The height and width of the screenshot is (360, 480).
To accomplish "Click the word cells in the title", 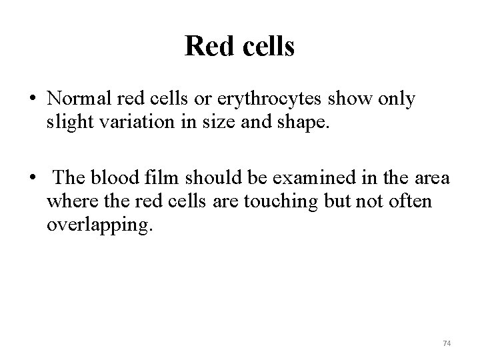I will coord(265,47).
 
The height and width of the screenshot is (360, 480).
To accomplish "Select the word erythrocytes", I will coord(275,99).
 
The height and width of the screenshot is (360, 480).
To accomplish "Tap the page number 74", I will coord(447,343).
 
